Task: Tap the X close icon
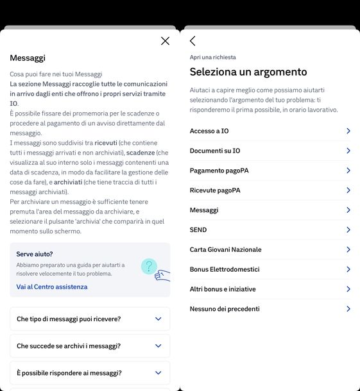(x=165, y=41)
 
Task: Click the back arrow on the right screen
(x=193, y=41)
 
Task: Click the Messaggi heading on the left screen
(x=28, y=58)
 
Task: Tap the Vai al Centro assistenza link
(x=52, y=287)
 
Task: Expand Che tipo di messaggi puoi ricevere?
(x=159, y=319)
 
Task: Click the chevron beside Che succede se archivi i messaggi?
(x=159, y=346)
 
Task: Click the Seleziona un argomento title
(x=248, y=72)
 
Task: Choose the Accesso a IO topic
(x=209, y=131)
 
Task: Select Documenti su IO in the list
(x=215, y=151)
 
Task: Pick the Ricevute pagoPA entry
(x=215, y=190)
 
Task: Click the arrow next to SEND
(x=348, y=229)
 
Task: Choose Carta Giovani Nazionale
(x=225, y=249)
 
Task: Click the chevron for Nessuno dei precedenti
(x=348, y=309)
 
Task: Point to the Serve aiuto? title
(x=35, y=254)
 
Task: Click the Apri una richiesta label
(x=213, y=57)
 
